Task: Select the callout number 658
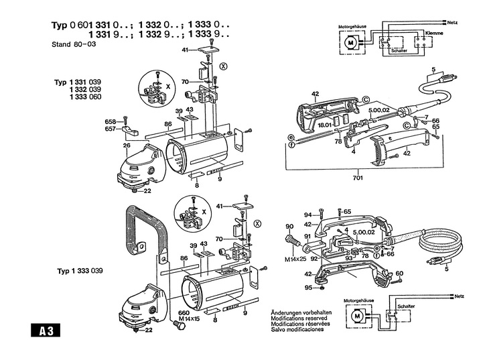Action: pos(111,121)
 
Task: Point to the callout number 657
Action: pos(111,128)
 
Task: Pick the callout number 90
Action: pos(289,225)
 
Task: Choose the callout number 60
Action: pos(399,273)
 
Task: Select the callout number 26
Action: pos(125,145)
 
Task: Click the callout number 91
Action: pos(307,235)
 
